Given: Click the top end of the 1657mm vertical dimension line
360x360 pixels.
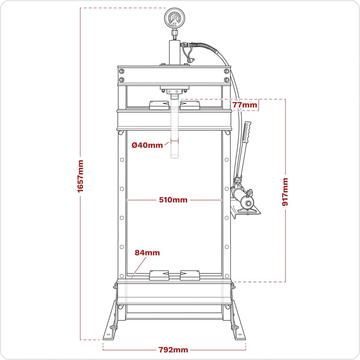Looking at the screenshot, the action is [x=81, y=8].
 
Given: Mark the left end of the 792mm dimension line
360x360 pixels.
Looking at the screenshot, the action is [x=103, y=350].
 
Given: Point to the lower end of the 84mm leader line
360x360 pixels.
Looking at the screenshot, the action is [x=132, y=278].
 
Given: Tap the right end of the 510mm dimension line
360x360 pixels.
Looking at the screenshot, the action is [x=222, y=200].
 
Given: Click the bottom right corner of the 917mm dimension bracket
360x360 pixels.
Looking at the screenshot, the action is [x=285, y=282].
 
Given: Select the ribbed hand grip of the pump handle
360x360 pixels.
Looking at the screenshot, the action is [x=247, y=133].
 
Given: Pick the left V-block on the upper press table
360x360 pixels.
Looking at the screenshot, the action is [x=159, y=105].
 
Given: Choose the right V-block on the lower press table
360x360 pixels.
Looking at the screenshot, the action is [x=190, y=275].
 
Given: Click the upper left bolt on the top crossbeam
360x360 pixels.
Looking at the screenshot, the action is [x=121, y=71].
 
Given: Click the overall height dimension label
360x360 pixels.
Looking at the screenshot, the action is [x=81, y=176].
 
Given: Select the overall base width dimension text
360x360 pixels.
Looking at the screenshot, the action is [x=173, y=350].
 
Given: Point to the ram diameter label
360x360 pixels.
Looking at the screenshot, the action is [x=147, y=145].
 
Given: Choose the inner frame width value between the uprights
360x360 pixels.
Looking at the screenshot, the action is [x=173, y=200].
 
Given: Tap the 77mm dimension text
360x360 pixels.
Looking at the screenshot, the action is [x=245, y=105].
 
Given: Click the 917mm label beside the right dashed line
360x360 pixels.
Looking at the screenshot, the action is [x=285, y=192].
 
